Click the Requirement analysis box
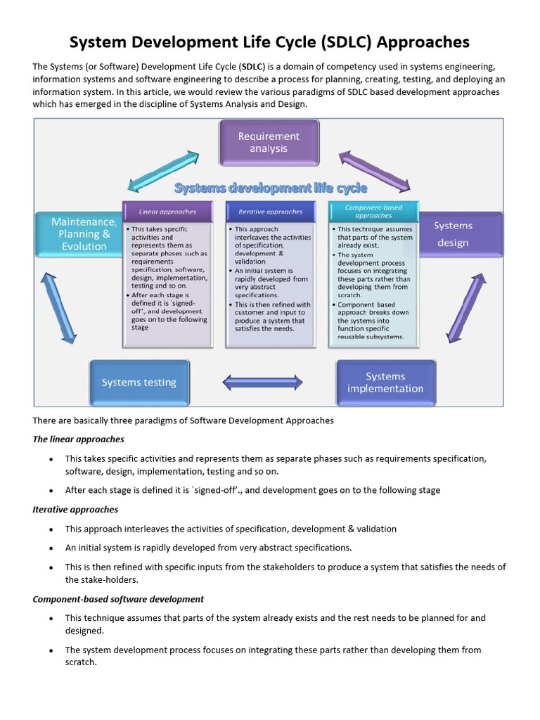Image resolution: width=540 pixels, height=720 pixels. [269, 142]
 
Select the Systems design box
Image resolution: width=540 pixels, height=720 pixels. [460, 234]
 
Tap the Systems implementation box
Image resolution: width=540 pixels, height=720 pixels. [385, 382]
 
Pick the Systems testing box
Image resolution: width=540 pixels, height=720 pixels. [139, 382]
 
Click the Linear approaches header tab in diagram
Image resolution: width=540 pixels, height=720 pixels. [167, 211]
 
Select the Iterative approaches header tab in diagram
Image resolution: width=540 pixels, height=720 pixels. [271, 211]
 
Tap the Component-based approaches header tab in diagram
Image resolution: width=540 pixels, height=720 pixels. [373, 211]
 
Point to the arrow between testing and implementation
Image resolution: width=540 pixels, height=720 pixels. [262, 382]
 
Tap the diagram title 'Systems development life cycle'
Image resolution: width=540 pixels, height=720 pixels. [270, 188]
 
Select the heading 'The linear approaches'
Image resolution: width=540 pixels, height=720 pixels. [78, 439]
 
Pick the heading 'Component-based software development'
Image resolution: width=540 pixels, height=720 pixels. [118, 599]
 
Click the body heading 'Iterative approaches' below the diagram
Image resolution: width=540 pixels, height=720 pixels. [75, 509]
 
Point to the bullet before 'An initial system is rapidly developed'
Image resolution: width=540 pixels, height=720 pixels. [51, 548]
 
